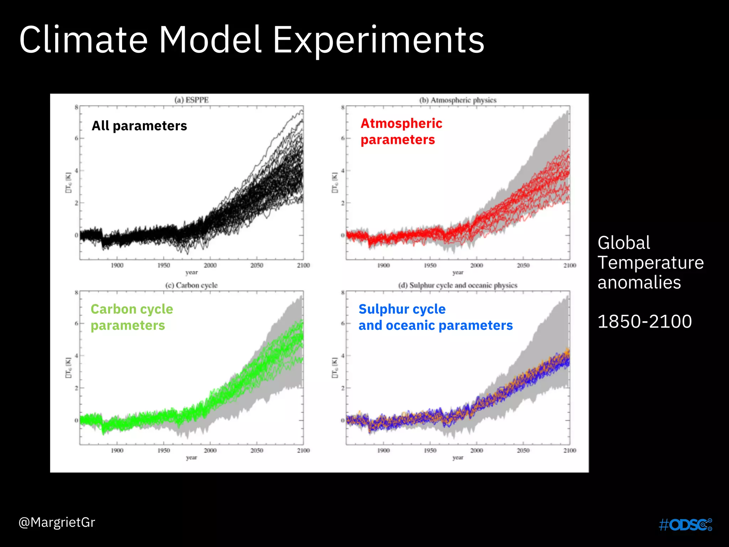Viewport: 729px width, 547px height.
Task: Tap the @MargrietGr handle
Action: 57,522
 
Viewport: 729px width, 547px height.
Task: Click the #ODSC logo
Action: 685,525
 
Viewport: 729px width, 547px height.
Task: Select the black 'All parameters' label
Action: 139,126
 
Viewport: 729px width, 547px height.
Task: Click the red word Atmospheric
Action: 401,123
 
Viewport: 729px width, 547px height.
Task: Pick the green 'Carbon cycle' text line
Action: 132,309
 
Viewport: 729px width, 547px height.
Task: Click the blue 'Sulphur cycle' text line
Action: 402,309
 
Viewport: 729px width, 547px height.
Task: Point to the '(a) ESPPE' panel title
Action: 192,100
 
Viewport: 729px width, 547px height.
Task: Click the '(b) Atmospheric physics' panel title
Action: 458,100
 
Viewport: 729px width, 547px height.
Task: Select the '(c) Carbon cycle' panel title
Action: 191,285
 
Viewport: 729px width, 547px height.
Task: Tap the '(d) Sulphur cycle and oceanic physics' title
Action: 458,285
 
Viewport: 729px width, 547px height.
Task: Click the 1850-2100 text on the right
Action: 644,321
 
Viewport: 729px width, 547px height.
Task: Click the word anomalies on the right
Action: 639,282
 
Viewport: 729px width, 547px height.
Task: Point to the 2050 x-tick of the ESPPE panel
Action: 257,265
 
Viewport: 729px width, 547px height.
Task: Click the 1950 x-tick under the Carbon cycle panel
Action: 164,450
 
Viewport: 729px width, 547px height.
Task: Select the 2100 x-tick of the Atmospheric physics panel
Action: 570,265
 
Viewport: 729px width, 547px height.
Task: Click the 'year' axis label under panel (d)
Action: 458,458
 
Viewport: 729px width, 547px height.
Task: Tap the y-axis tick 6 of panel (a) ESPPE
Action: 76,138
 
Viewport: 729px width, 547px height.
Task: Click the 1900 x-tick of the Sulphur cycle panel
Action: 383,450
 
